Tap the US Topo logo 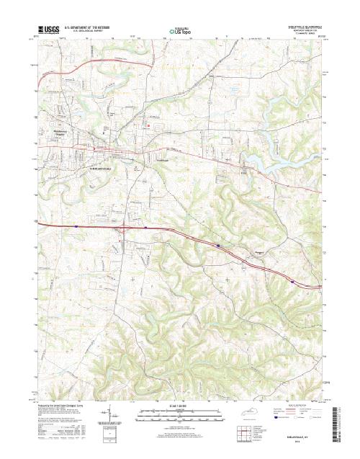click(180, 30)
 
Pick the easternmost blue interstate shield click(292, 282)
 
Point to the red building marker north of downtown click(148, 128)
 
